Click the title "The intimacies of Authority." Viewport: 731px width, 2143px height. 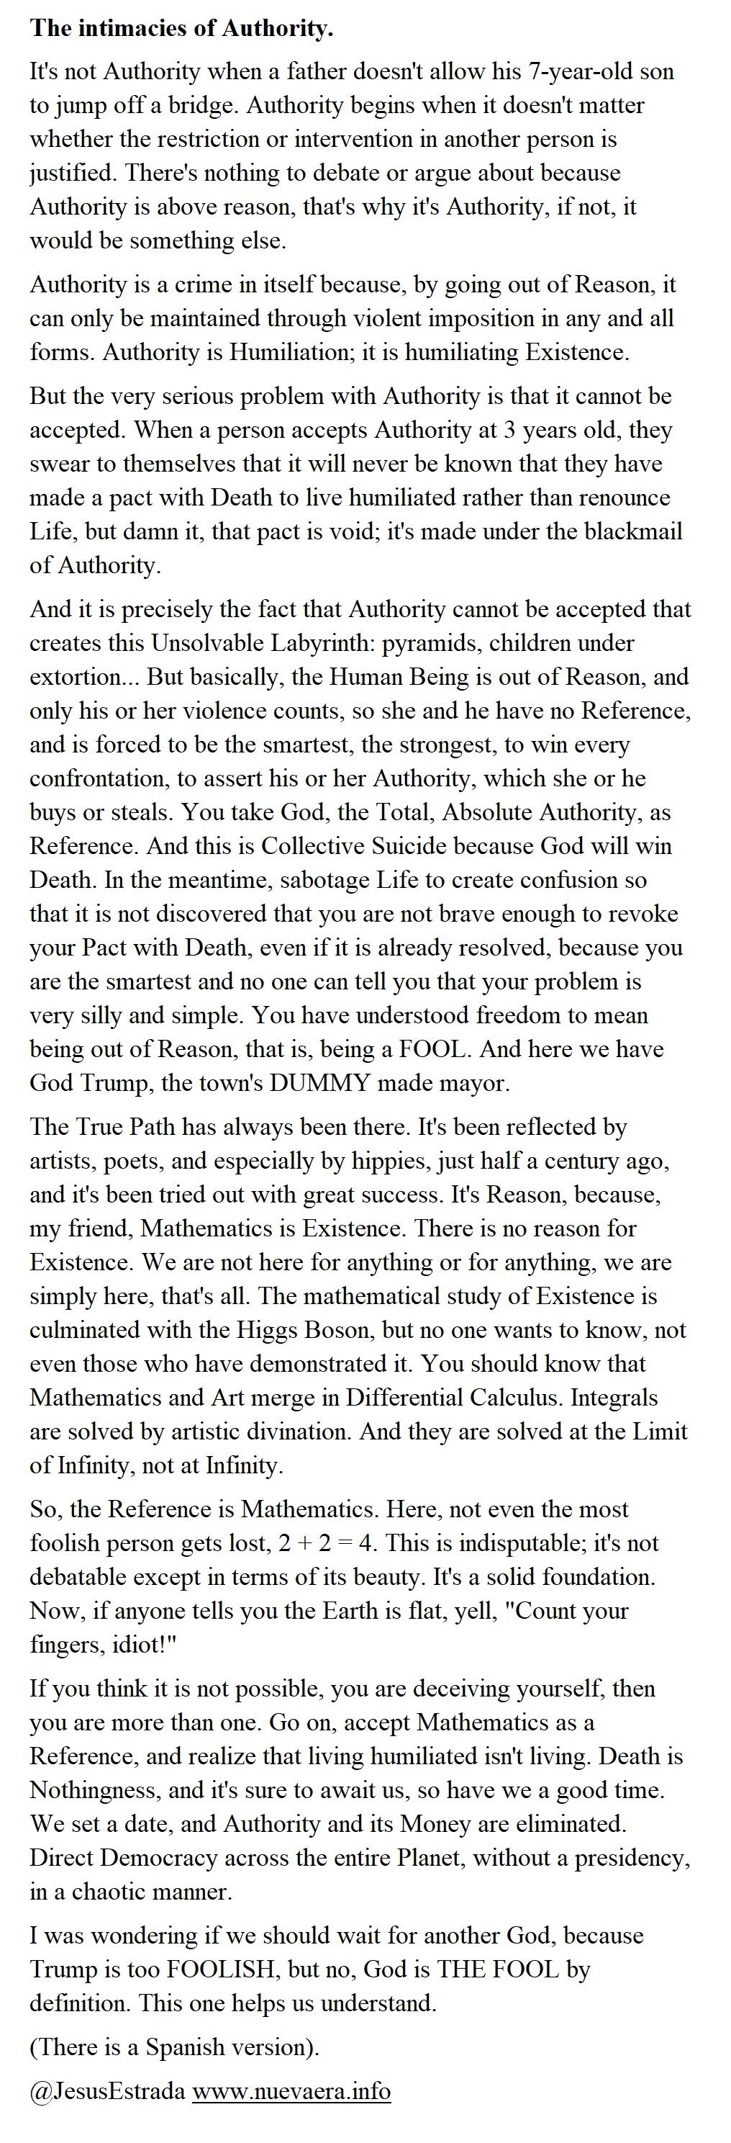coord(181,29)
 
